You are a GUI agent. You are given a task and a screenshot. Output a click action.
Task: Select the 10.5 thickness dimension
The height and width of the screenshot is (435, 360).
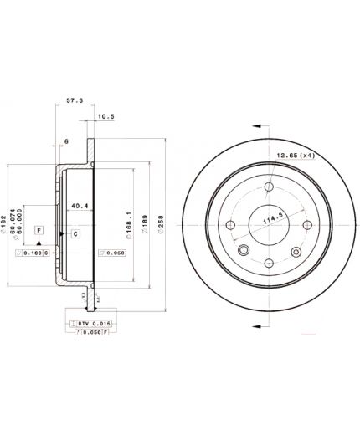(x=105, y=116)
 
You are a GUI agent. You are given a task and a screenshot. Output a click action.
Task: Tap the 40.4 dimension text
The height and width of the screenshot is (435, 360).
(x=80, y=206)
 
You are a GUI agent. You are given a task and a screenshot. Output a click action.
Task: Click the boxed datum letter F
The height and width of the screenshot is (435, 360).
(x=39, y=228)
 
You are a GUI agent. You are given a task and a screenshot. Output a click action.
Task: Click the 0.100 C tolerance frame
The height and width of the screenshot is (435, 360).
(x=36, y=253)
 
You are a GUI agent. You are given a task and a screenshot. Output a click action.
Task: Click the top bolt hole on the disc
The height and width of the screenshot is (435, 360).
(x=268, y=187)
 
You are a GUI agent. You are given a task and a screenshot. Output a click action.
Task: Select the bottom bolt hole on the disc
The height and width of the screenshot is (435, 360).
(x=268, y=264)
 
